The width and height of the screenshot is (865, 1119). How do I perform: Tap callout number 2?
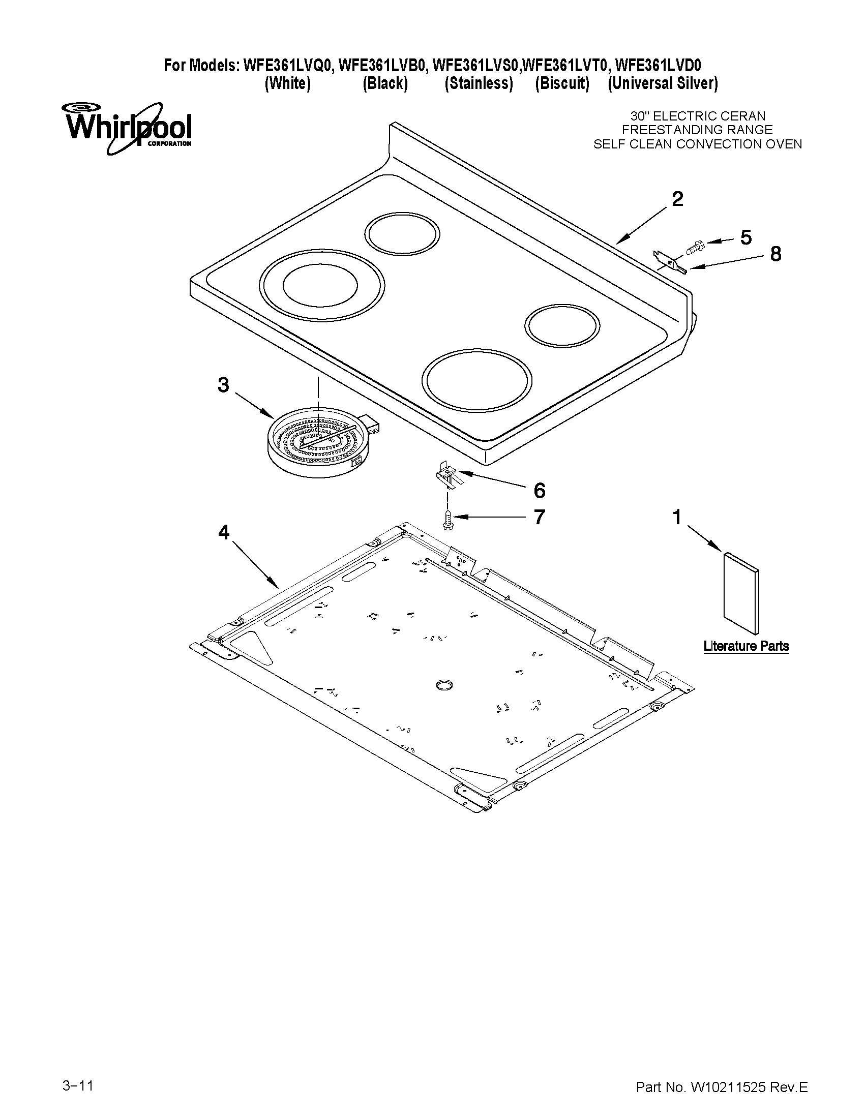(677, 199)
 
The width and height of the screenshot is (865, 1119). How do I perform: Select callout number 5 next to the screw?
(745, 237)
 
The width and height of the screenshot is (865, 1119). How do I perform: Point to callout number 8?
(775, 254)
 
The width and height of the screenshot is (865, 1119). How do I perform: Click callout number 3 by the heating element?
(223, 384)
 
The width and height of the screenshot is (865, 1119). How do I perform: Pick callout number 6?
(540, 490)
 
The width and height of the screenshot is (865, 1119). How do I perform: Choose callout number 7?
(539, 517)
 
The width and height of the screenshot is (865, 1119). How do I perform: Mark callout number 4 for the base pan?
(224, 533)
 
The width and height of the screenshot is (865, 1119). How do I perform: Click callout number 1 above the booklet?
(677, 517)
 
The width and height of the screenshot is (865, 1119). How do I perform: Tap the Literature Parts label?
(745, 646)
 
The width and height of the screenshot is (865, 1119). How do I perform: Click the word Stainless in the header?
(479, 83)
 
